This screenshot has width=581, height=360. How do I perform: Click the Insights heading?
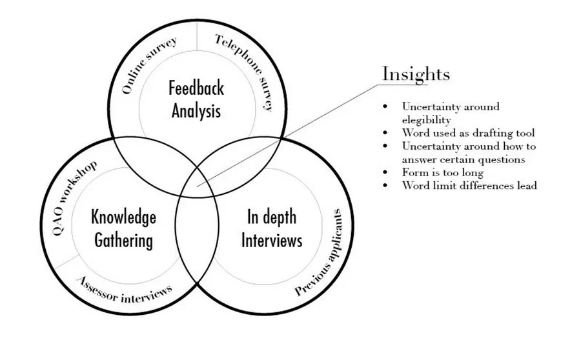(416, 74)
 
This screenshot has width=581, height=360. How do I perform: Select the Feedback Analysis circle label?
(196, 98)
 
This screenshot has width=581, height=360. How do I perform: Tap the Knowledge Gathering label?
(124, 228)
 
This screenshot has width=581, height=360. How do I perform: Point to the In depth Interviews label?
(271, 228)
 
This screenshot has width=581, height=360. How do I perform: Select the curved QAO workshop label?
(74, 197)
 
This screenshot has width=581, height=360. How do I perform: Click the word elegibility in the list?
(427, 120)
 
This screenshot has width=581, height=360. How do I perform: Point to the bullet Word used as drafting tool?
(468, 133)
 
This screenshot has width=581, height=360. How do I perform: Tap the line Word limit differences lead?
(469, 185)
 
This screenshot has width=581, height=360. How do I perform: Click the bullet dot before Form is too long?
(385, 172)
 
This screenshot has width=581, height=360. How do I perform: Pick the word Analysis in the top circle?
(196, 110)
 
